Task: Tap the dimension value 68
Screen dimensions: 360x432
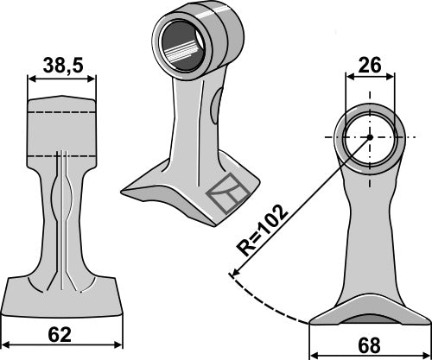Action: click(370, 344)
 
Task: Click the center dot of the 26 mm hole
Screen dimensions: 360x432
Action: click(369, 136)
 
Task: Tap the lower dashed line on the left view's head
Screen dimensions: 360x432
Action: click(61, 153)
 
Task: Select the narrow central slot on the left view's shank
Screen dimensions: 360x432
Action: click(62, 216)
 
